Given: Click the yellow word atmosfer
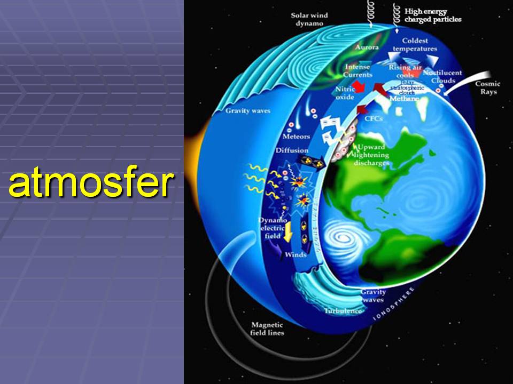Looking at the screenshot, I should [91, 184].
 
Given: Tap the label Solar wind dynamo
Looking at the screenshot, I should [309, 20].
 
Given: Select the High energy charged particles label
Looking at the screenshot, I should [432, 15].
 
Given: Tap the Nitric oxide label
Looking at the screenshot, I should [345, 94].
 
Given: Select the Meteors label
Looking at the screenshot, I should [296, 137].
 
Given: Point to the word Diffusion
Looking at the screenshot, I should [292, 150].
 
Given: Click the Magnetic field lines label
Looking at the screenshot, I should [268, 329].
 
